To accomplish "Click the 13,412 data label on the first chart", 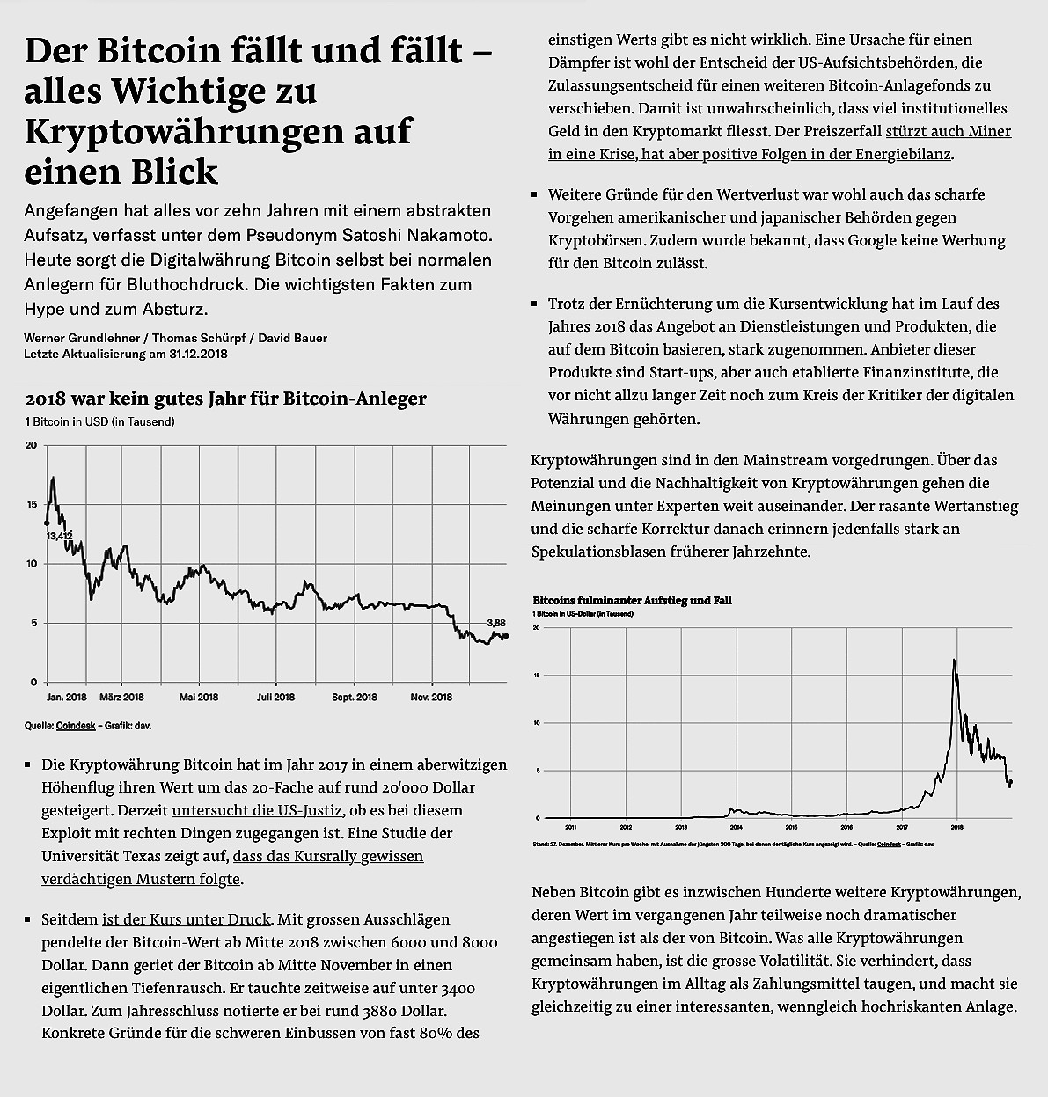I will [59, 535].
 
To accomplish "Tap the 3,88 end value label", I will [495, 622].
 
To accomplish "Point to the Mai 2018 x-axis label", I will [199, 698].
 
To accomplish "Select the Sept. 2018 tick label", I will [355, 698].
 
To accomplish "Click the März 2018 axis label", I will [121, 698].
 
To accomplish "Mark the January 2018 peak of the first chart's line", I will [54, 478].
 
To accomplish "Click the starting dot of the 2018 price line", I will [47, 523].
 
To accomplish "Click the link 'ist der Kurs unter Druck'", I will [187, 919].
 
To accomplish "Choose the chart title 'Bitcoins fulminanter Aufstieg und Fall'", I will [632, 600].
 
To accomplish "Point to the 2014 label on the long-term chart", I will [737, 827].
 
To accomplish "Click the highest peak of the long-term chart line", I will [954, 660].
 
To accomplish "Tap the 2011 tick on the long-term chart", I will [571, 827].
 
